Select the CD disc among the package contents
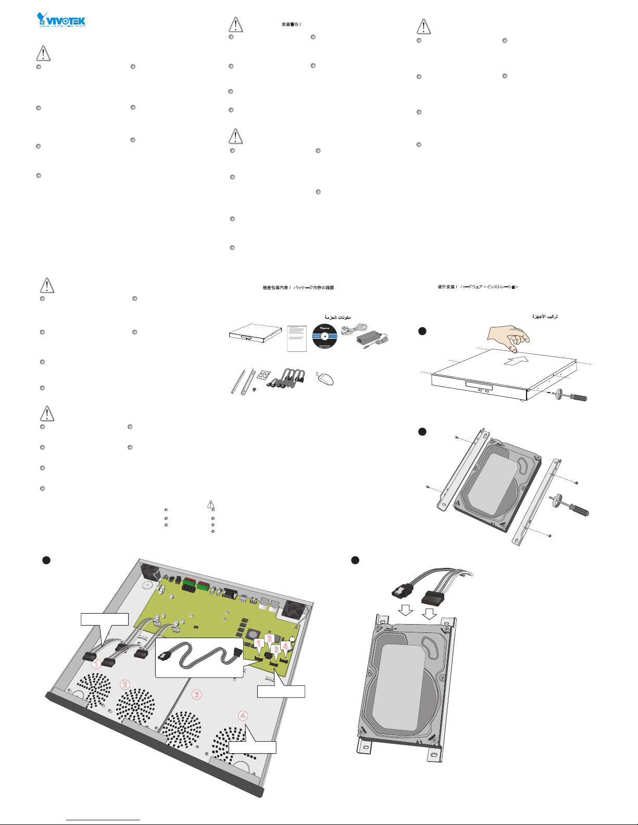324,337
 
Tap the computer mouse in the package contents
325,379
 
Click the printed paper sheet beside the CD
296,338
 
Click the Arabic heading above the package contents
337,317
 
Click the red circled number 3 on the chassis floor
196,694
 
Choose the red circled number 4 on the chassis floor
243,715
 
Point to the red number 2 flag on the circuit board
269,639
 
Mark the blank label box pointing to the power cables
104,619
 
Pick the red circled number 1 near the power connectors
96,664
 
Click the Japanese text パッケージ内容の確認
314,287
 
